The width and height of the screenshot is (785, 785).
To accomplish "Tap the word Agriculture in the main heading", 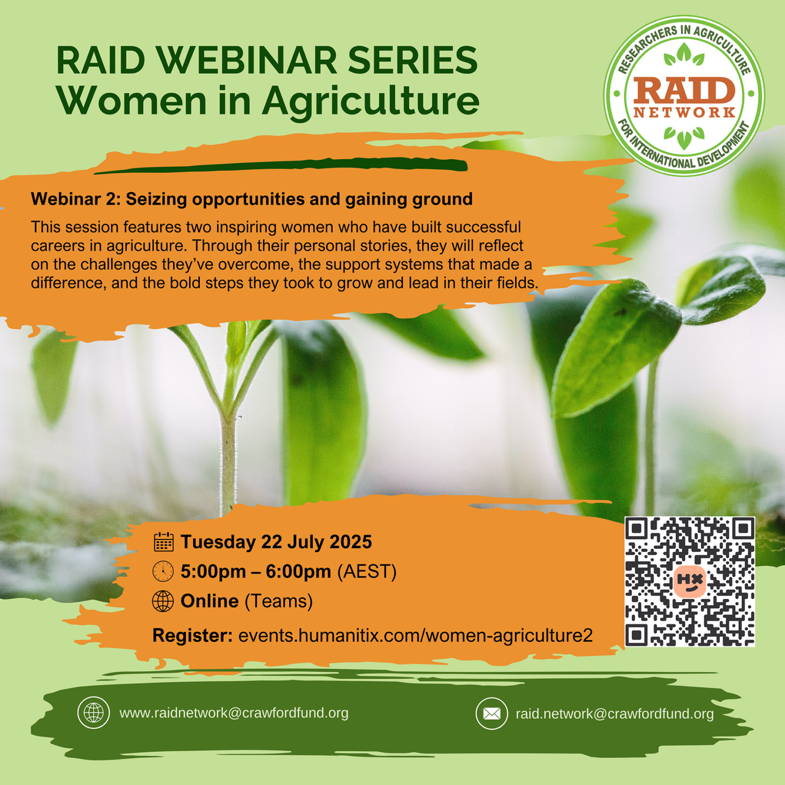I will tap(371, 101).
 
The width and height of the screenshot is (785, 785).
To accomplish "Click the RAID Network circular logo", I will tap(684, 96).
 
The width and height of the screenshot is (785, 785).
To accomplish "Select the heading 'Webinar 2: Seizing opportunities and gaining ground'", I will tap(251, 199).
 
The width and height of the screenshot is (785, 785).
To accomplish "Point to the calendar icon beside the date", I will tap(164, 542).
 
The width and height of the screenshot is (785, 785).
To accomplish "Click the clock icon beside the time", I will tap(163, 571).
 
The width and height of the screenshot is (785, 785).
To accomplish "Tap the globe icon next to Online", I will tap(163, 601).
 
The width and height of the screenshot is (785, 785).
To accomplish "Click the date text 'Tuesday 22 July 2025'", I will tap(276, 542).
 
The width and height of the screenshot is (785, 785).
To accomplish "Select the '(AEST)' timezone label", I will tap(366, 571).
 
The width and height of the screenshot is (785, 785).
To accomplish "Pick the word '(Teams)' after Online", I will tap(279, 601).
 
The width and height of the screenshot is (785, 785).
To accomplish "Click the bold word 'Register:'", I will tap(192, 635).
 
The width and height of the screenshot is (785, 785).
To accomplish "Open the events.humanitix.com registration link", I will tap(415, 635).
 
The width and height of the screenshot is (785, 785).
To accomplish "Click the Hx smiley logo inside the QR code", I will tap(690, 581).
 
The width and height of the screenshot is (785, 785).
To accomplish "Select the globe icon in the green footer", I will tap(94, 712).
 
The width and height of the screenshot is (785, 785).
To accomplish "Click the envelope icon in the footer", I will tap(492, 713).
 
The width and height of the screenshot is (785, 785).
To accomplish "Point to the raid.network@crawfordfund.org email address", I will tap(614, 713).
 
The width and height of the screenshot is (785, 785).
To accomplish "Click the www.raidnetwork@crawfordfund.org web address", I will tap(234, 713).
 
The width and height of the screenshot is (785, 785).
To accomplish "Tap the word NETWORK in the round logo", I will tap(684, 112).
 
